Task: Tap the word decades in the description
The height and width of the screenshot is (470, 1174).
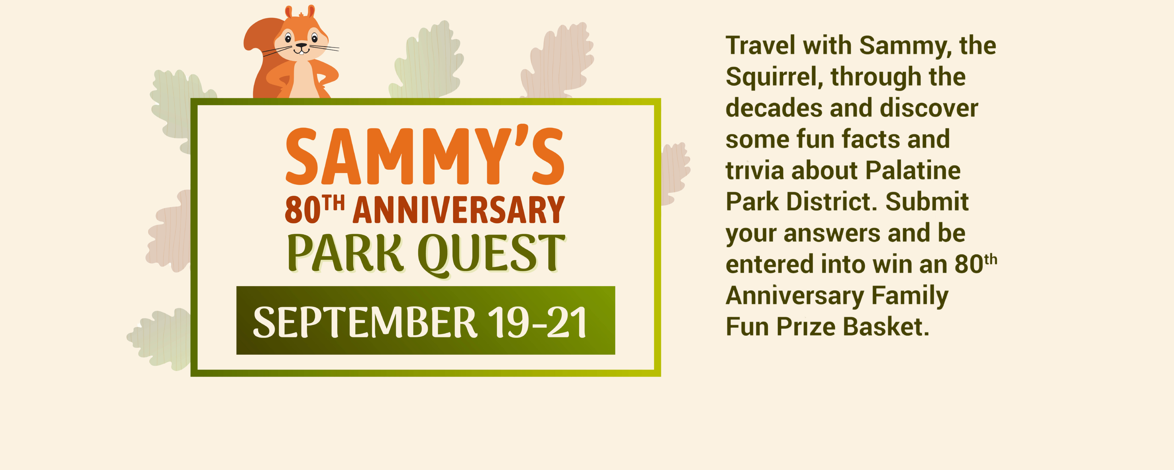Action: (774, 108)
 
